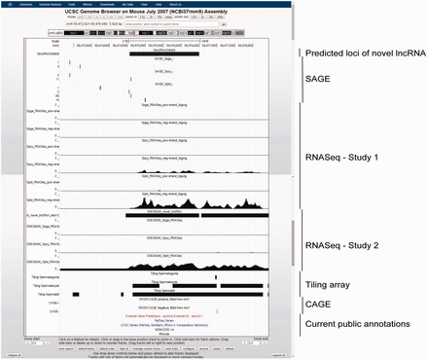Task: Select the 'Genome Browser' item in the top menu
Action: coord(49,5)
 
